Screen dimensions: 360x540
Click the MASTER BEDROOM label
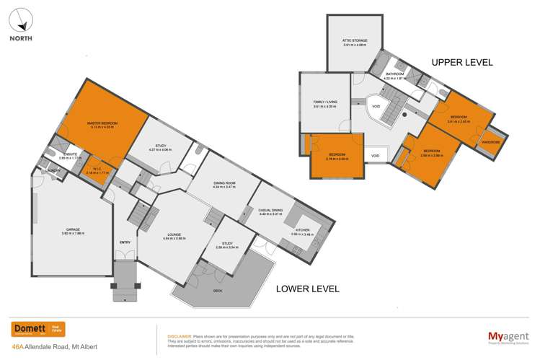[x=102, y=123]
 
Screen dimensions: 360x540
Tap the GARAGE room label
[x=74, y=230]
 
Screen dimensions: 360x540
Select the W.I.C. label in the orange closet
[x=97, y=170]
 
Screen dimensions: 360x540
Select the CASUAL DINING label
[x=273, y=212]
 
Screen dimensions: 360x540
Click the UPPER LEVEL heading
[x=461, y=63]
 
